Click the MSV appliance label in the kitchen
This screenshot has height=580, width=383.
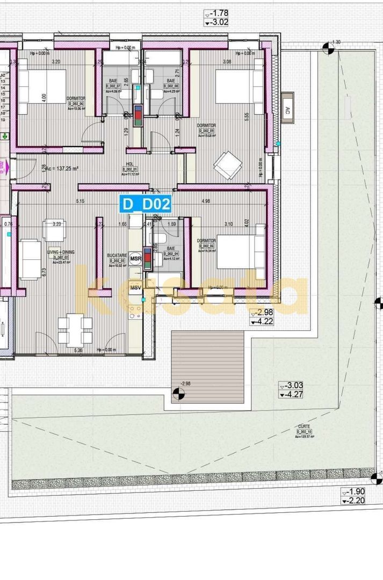pos(135,288)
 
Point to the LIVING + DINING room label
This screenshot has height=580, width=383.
pos(60,251)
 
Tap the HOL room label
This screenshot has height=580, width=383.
pos(129,164)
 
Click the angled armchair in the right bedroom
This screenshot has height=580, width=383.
pos(228,165)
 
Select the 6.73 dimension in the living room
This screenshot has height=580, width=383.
pos(45,272)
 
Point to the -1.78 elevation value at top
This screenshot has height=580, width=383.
pos(220,13)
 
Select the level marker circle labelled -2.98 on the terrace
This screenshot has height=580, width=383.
pos(178,395)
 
